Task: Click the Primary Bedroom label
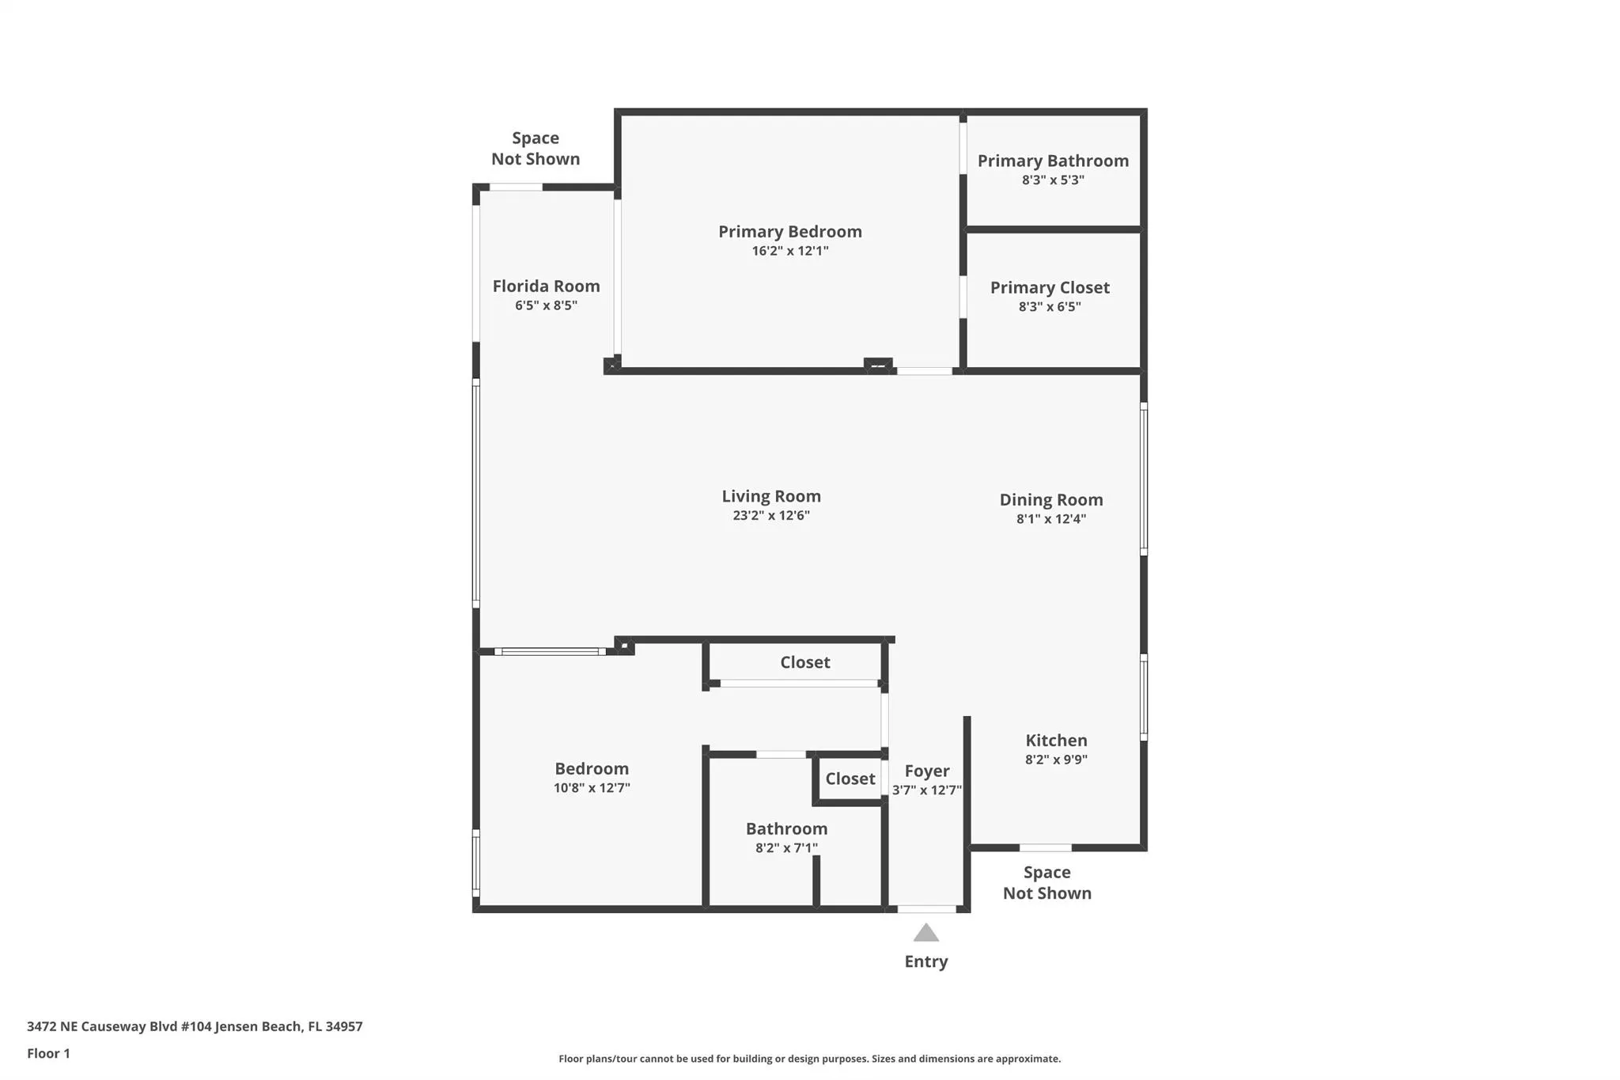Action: click(789, 232)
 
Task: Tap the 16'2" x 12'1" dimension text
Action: click(789, 251)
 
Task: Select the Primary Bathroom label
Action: click(1053, 161)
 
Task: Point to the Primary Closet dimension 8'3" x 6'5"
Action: click(1049, 307)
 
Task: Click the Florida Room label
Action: click(546, 286)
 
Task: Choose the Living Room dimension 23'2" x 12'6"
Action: click(770, 516)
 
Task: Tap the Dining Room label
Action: click(1050, 500)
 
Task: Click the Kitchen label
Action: click(1056, 741)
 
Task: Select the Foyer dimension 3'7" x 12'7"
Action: click(926, 790)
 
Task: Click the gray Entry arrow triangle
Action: click(925, 934)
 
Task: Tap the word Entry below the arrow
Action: click(925, 961)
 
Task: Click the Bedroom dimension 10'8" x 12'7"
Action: click(592, 788)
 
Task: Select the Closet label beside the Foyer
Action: click(850, 779)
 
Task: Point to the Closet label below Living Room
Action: click(804, 662)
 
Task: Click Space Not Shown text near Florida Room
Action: click(536, 149)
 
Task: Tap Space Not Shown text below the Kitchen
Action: click(1047, 882)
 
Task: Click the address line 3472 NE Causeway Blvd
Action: click(195, 1026)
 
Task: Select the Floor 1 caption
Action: click(48, 1053)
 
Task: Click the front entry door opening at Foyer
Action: click(926, 909)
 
